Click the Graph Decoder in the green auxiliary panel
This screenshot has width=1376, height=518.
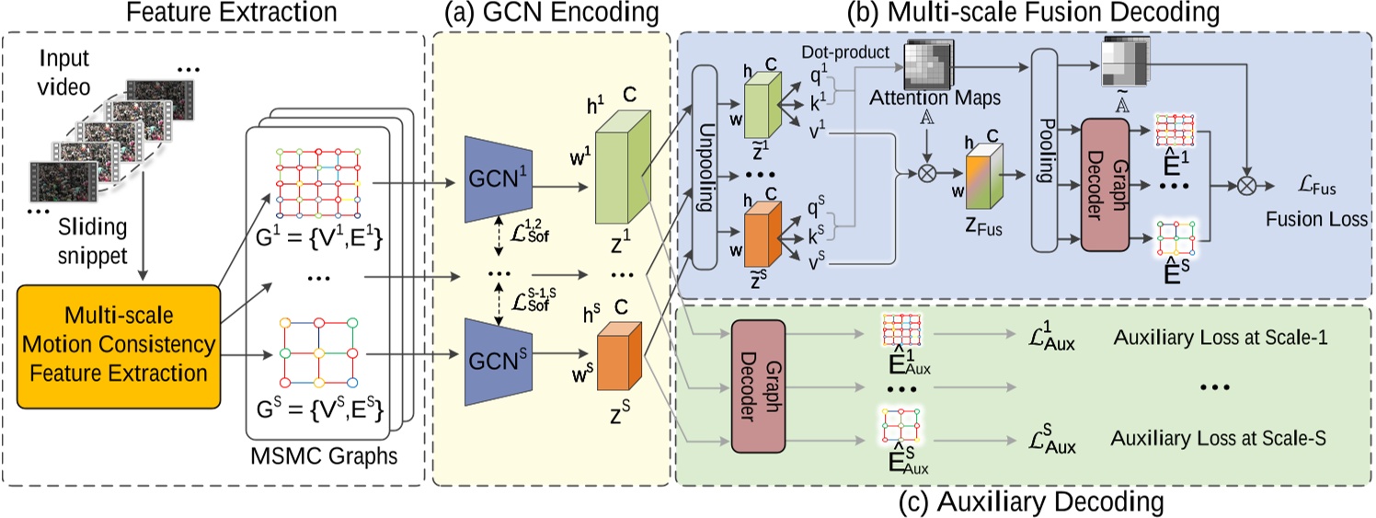(x=757, y=386)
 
